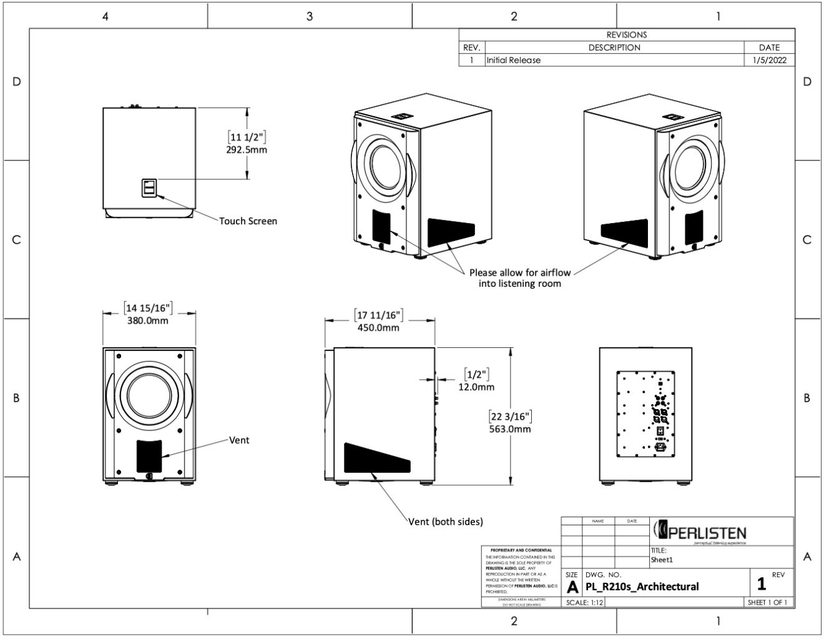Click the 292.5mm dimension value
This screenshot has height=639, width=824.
pos(247,150)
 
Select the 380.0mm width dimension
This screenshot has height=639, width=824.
pos(147,320)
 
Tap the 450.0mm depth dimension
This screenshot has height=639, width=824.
pos(378,327)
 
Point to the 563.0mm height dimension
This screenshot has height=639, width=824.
pos(510,428)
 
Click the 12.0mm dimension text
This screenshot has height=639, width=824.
pos(476,387)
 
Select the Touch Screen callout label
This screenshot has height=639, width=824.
pos(248,221)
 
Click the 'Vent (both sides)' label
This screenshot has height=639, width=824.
pos(446,522)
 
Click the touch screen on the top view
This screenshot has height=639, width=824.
pos(150,187)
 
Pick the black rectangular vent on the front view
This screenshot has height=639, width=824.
pos(149,455)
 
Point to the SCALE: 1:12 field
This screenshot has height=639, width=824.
pos(584,603)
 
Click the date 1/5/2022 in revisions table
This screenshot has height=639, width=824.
pos(769,61)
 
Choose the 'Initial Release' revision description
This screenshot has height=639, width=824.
pos(513,61)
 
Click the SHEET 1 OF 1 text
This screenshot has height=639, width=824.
pos(767,603)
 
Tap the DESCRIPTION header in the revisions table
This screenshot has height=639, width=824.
pos(614,47)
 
